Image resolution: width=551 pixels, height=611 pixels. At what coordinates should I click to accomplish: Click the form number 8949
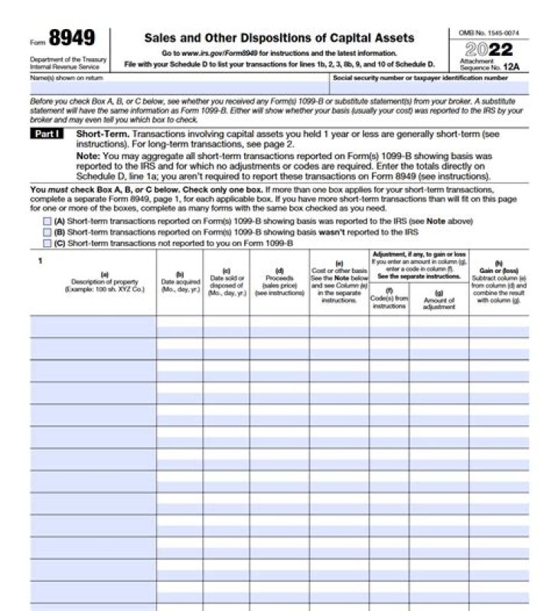click(72, 38)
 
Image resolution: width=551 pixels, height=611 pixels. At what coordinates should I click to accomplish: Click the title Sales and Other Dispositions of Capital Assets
click(279, 37)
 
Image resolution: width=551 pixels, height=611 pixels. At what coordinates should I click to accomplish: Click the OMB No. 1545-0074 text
click(487, 33)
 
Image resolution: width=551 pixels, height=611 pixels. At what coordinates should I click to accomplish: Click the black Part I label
click(50, 134)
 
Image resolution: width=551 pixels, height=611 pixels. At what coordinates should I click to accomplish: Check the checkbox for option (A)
click(47, 221)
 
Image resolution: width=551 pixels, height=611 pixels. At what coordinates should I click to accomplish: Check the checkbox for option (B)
click(47, 232)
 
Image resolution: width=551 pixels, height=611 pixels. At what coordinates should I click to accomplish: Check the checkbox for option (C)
click(47, 243)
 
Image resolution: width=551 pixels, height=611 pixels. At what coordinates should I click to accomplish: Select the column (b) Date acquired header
click(180, 283)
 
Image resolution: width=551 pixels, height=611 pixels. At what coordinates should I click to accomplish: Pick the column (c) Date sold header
click(226, 283)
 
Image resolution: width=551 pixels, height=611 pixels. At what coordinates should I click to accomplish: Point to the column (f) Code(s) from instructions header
click(389, 298)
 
